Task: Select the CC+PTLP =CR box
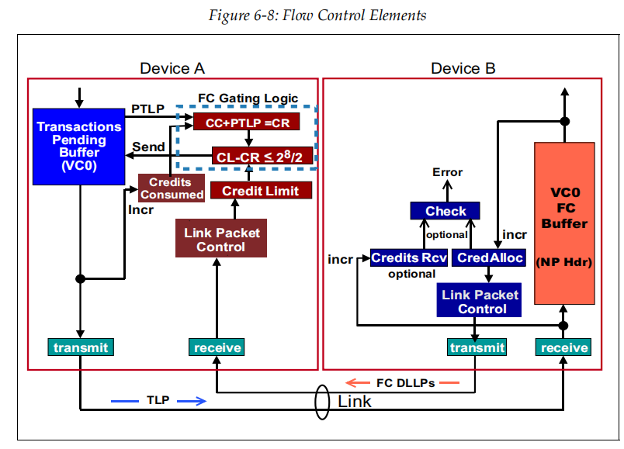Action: (x=246, y=122)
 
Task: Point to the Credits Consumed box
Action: (x=172, y=188)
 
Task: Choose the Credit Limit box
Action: (x=261, y=190)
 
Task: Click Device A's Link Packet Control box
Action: (x=221, y=240)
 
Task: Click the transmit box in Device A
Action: (x=81, y=347)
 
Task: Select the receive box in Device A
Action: (x=216, y=347)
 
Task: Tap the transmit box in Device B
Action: (x=477, y=347)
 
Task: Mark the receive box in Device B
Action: (x=564, y=347)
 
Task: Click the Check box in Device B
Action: (x=445, y=211)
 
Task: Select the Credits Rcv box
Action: (x=409, y=257)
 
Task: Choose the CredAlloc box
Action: (x=490, y=257)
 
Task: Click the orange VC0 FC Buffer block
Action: (x=564, y=223)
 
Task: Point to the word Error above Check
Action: (x=448, y=172)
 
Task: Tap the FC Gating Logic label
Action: (x=247, y=98)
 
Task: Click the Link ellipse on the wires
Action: (x=320, y=400)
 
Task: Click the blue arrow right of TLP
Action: (x=192, y=401)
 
